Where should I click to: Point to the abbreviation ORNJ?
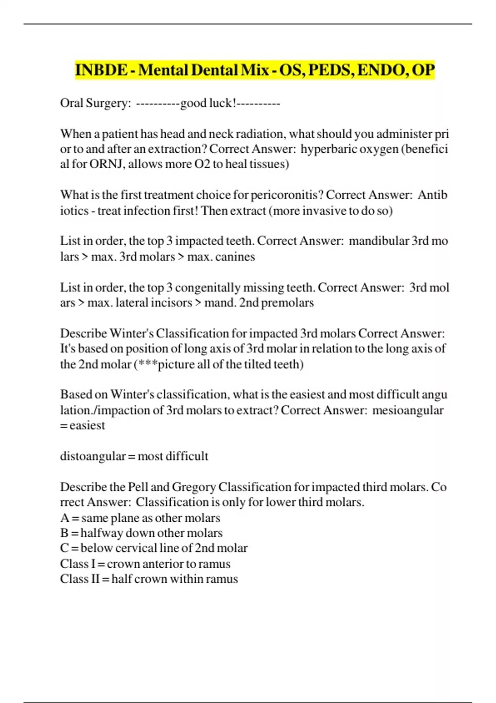click(107, 164)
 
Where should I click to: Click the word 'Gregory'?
click(194, 487)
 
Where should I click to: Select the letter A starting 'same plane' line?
click(65, 518)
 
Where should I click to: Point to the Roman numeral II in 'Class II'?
click(95, 579)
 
